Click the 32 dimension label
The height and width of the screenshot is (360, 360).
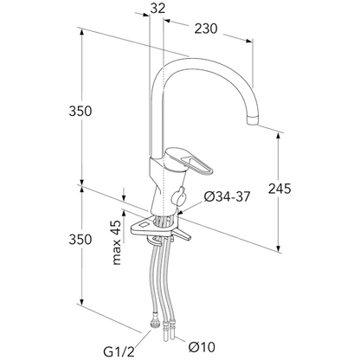point(157,9)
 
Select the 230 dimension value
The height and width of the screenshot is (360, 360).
point(205,29)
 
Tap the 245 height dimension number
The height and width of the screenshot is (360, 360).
point(280,189)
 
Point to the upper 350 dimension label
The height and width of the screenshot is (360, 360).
point(80,111)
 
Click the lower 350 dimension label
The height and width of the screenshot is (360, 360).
point(80,240)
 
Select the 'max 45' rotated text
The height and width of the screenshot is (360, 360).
point(116,242)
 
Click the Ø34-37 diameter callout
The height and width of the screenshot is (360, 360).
point(227,196)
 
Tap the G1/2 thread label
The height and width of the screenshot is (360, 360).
point(119,352)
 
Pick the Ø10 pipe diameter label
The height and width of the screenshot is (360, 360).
point(202,347)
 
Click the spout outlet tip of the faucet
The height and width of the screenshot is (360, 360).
point(253,121)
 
